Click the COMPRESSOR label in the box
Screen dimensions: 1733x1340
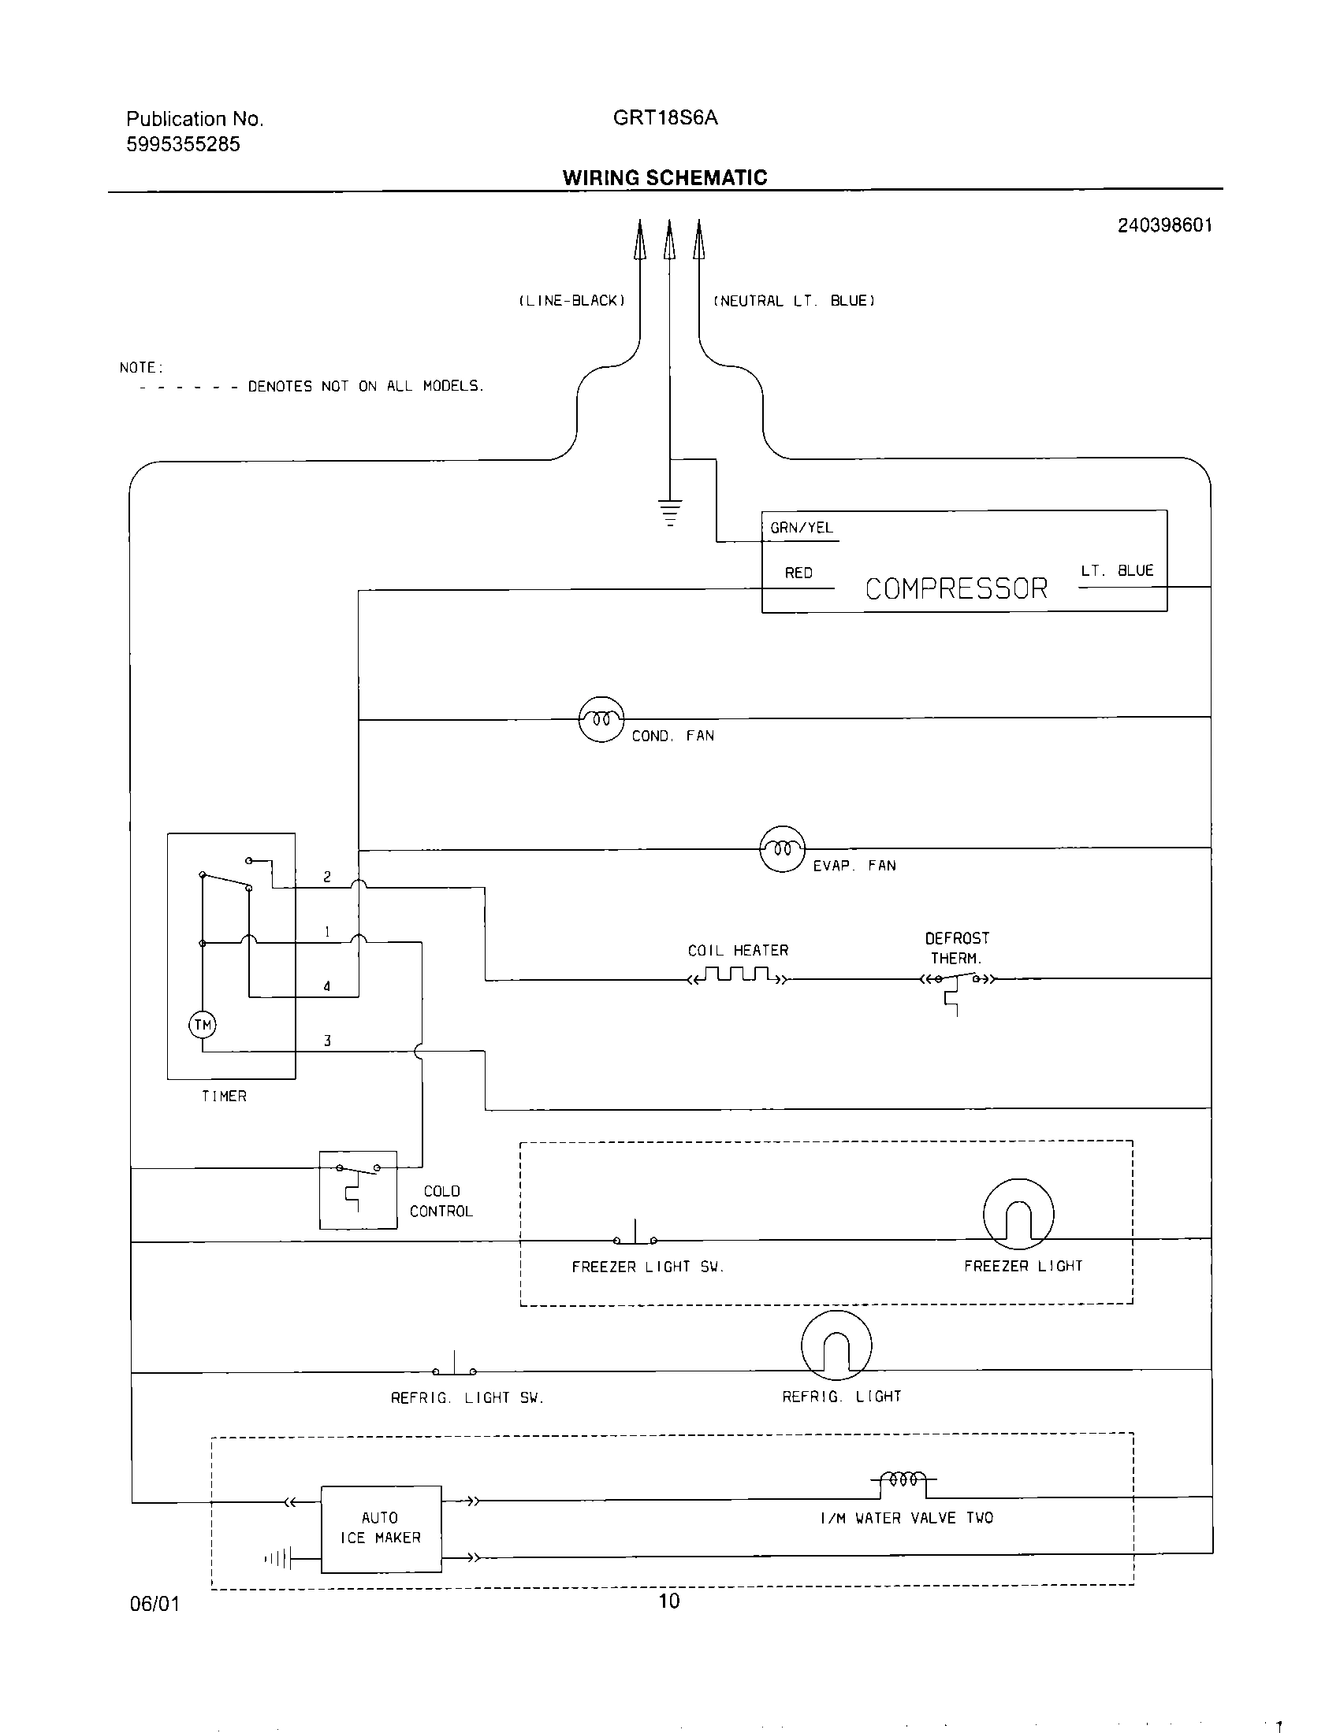click(x=956, y=588)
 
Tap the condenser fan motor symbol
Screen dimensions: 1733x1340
click(x=601, y=719)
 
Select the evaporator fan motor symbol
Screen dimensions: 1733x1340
click(x=783, y=849)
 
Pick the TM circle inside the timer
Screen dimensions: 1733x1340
click(x=203, y=1025)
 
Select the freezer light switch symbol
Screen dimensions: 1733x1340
click(x=635, y=1236)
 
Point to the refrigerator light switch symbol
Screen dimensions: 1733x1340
click(x=454, y=1367)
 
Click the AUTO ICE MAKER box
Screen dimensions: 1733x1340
click(x=381, y=1528)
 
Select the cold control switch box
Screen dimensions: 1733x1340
click(x=358, y=1189)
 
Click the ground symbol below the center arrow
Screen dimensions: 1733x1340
click(x=670, y=512)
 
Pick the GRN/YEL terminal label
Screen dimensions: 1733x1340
click(x=801, y=528)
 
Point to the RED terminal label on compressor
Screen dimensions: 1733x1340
click(x=798, y=573)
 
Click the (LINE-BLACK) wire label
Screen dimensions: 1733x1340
click(x=571, y=301)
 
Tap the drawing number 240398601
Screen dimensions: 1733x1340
click(x=1164, y=225)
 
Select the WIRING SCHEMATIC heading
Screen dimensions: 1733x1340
click(x=664, y=178)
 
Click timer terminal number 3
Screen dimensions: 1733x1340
click(x=327, y=1041)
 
